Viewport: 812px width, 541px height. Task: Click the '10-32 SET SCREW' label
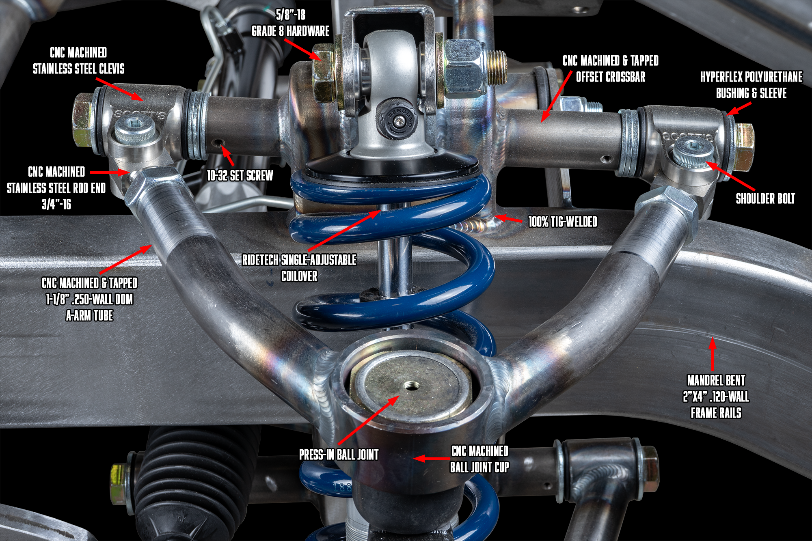240,175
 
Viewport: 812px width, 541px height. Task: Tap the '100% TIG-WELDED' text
563,222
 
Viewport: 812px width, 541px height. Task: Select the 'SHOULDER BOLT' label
765,198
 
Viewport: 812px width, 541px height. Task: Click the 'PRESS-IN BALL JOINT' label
339,455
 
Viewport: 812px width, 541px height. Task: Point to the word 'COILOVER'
299,276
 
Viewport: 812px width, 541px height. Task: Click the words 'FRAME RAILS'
716,413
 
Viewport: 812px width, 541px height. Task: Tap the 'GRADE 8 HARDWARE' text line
291,31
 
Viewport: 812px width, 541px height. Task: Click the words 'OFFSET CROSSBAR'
611,77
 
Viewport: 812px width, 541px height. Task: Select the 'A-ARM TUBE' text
90,315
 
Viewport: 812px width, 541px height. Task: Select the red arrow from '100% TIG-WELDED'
508,219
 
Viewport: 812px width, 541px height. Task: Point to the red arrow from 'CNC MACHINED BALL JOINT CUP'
432,459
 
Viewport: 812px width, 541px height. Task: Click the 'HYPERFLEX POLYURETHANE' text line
752,77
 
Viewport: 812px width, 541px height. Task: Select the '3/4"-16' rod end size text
56,204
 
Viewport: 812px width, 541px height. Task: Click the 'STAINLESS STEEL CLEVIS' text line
79,69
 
